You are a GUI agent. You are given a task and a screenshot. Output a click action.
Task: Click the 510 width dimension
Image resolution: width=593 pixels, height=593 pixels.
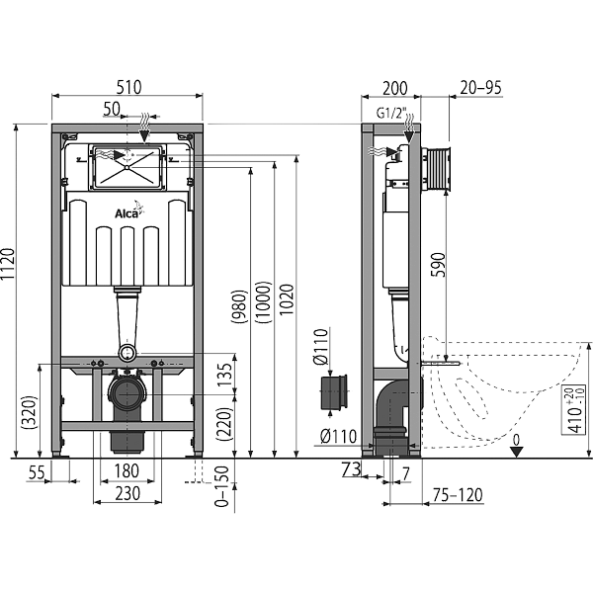127,87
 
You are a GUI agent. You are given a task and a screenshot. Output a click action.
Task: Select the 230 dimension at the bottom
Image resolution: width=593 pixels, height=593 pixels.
125,491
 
